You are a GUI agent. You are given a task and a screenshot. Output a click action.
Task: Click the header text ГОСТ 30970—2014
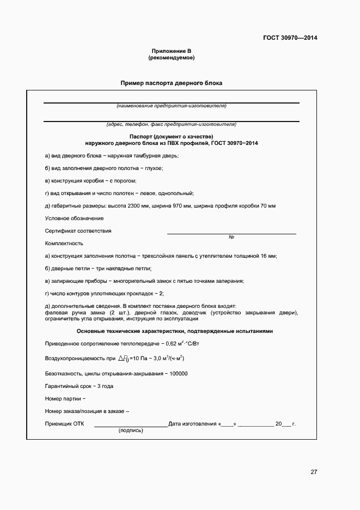coord(290,38)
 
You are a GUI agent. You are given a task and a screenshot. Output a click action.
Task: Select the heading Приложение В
coord(171,51)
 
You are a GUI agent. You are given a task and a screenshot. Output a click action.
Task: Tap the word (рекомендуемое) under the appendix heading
coord(171,57)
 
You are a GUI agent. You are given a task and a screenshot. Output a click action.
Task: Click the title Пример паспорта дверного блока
coord(172,83)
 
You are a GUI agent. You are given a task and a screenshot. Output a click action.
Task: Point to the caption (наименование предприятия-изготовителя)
coord(171,106)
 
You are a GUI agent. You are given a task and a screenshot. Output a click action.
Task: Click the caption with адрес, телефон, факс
coord(171,124)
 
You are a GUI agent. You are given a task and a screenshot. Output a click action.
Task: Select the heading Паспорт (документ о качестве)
coord(171,136)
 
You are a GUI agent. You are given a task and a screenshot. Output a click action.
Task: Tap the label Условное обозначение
coord(66,218)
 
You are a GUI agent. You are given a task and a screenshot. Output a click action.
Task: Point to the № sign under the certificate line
coord(231,237)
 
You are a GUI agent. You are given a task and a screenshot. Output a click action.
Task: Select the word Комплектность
coord(64,243)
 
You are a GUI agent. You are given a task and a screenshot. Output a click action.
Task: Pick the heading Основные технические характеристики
coord(171,331)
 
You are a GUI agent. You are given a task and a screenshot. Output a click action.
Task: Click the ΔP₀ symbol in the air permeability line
coord(124,358)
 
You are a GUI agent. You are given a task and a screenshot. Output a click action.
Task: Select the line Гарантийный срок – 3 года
coord(79,386)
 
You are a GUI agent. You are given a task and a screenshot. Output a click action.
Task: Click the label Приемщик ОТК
coord(63,423)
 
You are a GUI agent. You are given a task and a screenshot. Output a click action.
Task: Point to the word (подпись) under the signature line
coord(131,430)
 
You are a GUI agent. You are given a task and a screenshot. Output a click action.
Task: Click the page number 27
coord(314,472)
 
